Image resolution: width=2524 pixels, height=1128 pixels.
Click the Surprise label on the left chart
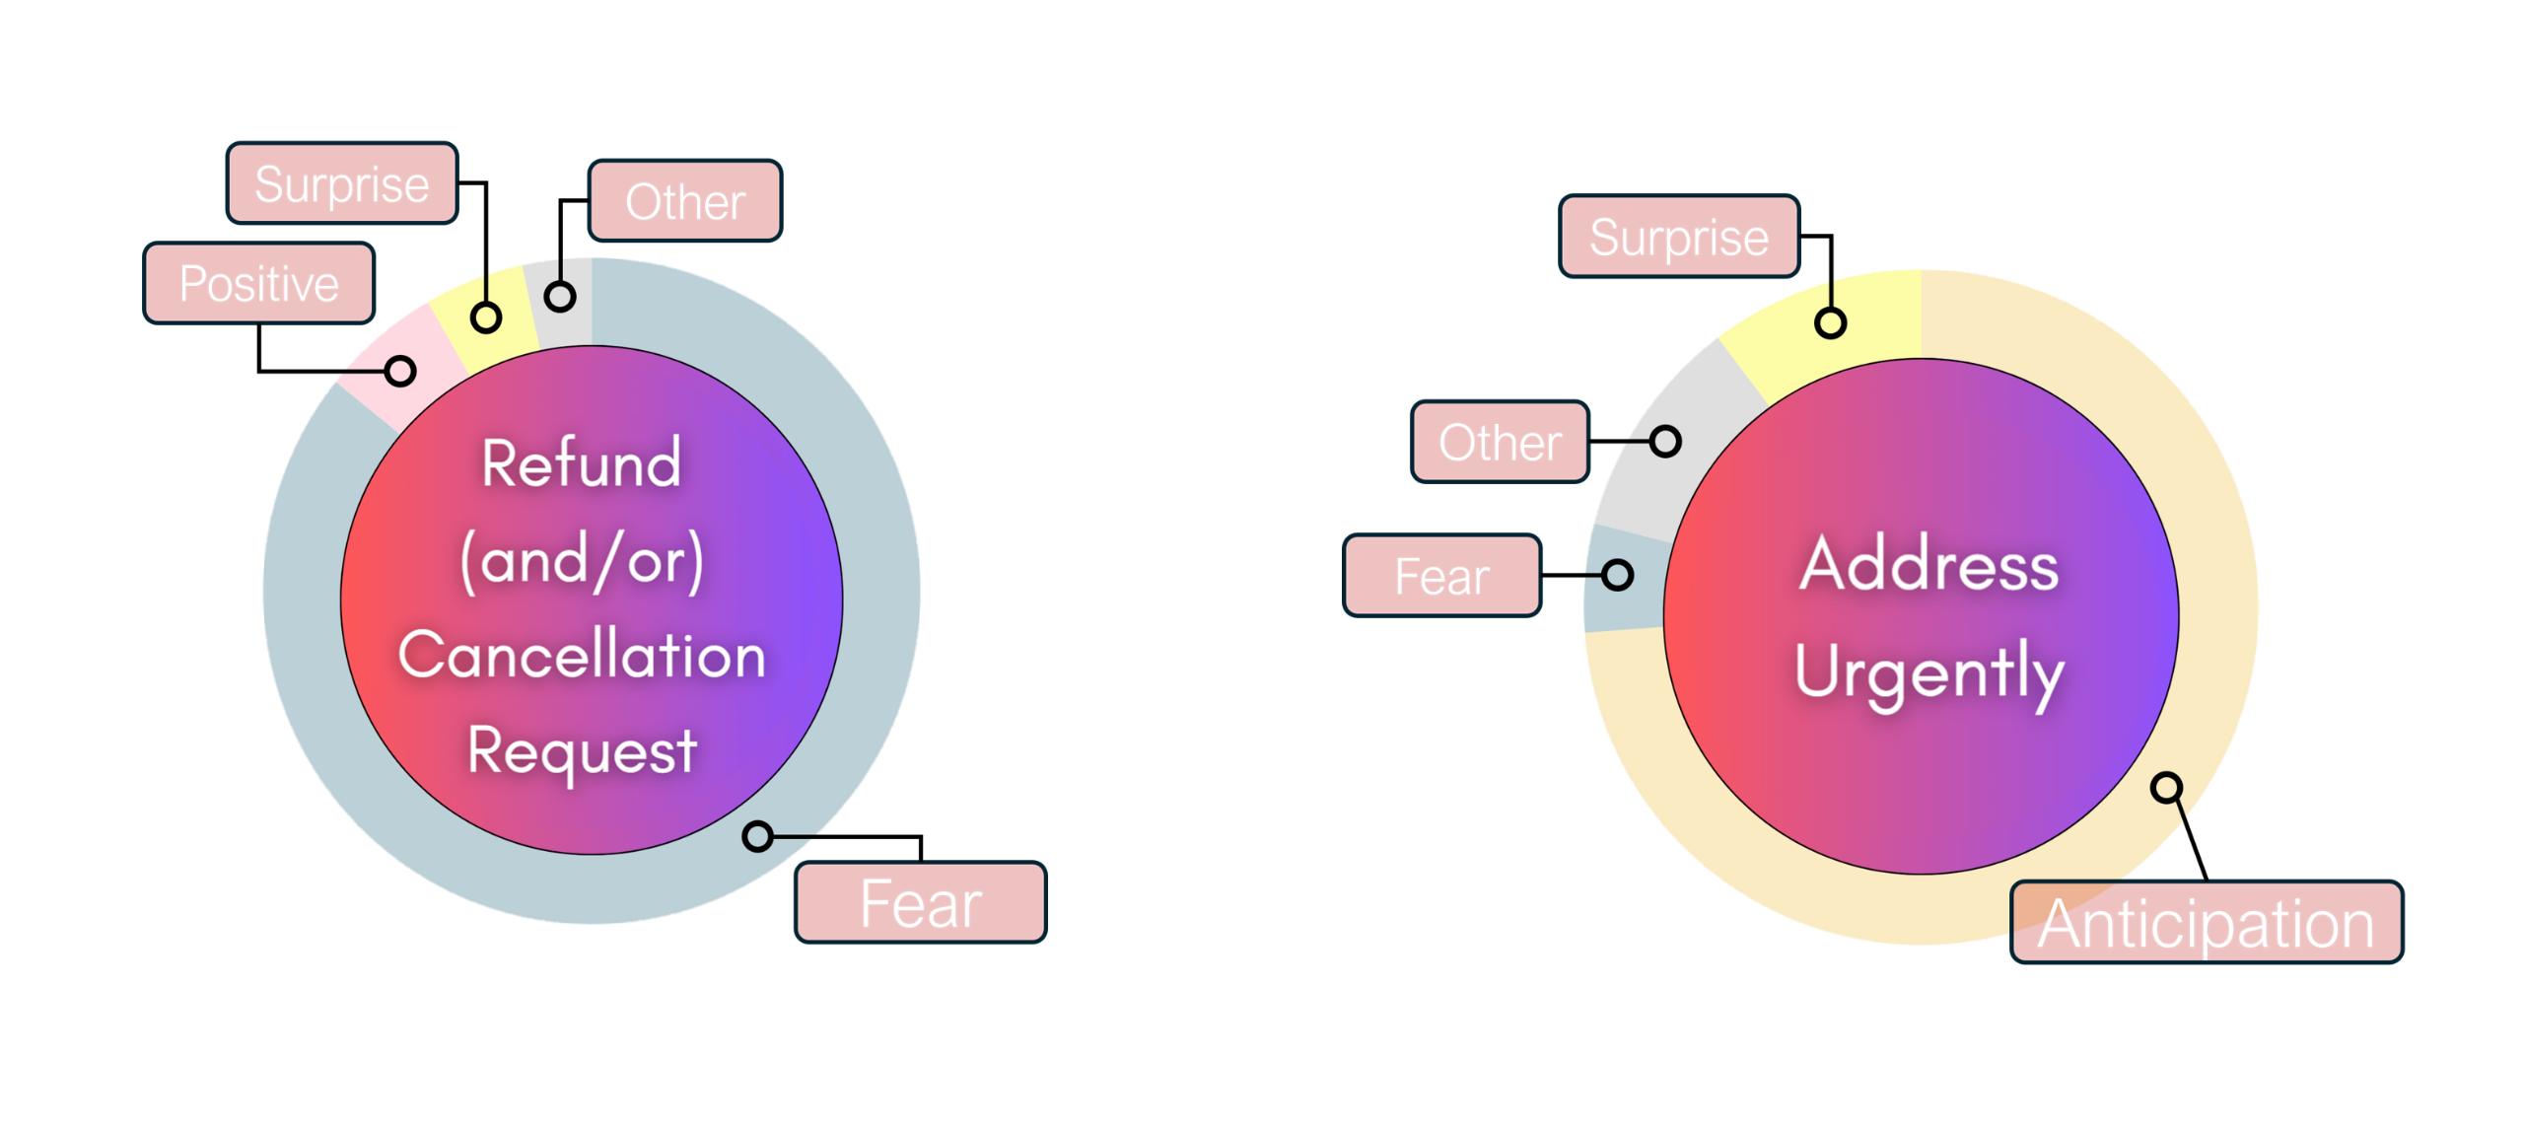click(342, 184)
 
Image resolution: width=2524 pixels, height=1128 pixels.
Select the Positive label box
click(259, 284)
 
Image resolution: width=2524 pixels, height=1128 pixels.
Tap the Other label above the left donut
click(685, 201)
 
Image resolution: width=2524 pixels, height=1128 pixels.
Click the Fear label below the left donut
click(921, 903)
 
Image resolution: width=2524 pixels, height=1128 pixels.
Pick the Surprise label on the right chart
click(1679, 238)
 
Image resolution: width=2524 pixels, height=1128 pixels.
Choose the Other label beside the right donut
click(1500, 442)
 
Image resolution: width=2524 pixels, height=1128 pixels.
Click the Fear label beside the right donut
click(1441, 576)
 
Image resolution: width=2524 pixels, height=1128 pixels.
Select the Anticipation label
click(2207, 923)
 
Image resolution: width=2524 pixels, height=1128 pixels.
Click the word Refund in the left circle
click(582, 463)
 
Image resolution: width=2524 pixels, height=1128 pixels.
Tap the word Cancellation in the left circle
click(582, 656)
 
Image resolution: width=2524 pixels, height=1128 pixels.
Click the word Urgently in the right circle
click(1929, 672)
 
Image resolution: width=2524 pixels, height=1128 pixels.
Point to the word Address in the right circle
click(1929, 565)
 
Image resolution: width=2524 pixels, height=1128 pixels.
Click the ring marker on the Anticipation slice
click(2166, 788)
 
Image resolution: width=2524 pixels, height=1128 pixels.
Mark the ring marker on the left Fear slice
click(757, 837)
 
